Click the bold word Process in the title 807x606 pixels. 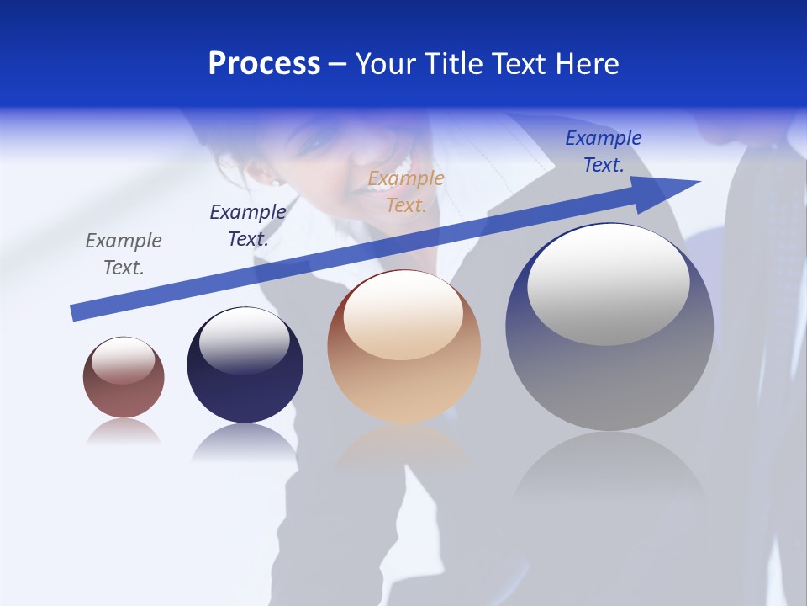[x=264, y=64]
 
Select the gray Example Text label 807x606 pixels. [x=124, y=254]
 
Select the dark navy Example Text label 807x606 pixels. [x=248, y=226]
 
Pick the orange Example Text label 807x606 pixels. [x=406, y=192]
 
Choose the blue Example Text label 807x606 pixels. [x=604, y=151]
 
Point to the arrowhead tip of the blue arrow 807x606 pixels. [x=699, y=181]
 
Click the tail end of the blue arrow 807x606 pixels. [x=74, y=313]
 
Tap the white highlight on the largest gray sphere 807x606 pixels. [x=609, y=284]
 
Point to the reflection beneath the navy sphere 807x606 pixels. [x=245, y=442]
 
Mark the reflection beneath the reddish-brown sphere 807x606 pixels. [x=124, y=433]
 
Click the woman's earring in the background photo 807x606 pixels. [x=275, y=180]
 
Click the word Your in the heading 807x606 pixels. [x=385, y=64]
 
